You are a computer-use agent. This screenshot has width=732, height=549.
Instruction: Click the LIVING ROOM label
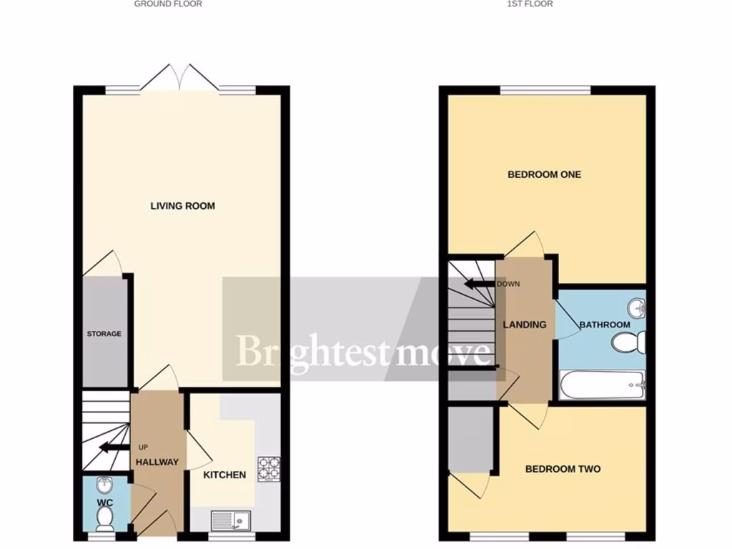click(182, 206)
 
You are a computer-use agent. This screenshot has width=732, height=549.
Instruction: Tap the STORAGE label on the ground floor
click(104, 334)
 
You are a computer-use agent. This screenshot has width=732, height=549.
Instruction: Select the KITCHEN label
click(224, 475)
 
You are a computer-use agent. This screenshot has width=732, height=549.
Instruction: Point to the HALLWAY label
click(157, 462)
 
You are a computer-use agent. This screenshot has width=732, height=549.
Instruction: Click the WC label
click(104, 503)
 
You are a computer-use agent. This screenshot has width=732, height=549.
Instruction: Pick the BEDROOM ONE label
click(544, 174)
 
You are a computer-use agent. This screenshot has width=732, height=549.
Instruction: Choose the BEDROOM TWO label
click(563, 470)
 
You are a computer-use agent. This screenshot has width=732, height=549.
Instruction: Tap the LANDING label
click(525, 325)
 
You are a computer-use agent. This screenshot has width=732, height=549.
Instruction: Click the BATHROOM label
click(605, 325)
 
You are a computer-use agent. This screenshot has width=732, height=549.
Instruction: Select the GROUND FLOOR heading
click(168, 4)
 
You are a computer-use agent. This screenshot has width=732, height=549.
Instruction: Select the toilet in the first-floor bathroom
click(629, 343)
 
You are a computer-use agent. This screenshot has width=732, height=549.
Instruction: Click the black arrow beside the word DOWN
click(478, 284)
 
